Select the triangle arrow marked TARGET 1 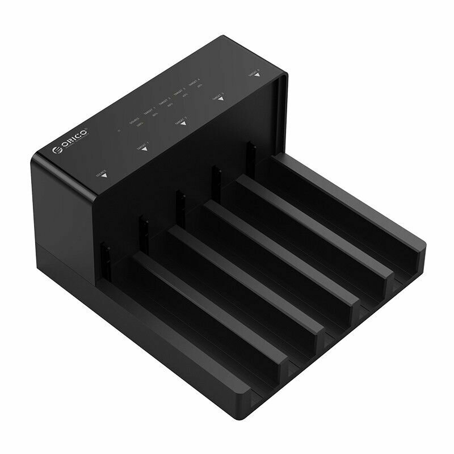click(x=144, y=149)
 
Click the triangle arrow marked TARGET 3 click(x=221, y=99)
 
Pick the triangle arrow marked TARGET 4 click(x=257, y=74)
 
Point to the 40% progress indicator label click(x=185, y=95)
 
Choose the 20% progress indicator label click(x=199, y=86)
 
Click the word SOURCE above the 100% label click(x=134, y=120)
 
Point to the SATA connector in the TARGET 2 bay click(x=180, y=201)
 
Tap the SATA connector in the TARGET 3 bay click(x=216, y=176)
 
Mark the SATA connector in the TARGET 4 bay click(x=250, y=153)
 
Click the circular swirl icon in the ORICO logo click(x=57, y=150)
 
